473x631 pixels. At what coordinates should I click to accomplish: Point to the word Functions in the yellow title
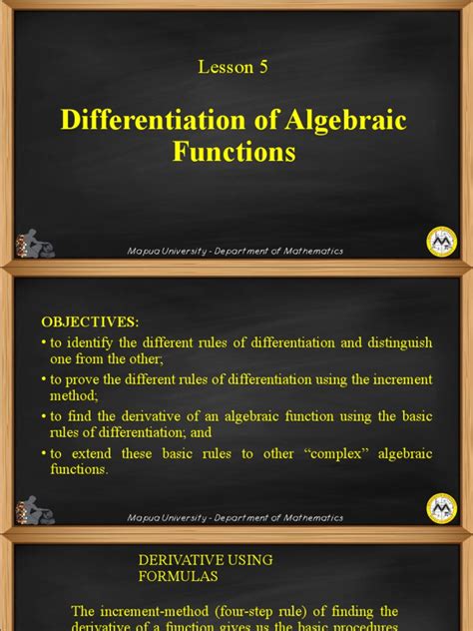click(x=235, y=152)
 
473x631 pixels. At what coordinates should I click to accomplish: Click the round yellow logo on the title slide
click(x=441, y=240)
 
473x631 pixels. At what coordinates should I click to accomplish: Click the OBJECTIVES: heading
click(x=91, y=322)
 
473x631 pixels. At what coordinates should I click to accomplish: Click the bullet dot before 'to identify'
click(x=45, y=342)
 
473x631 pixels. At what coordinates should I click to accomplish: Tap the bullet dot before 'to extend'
click(x=45, y=453)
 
